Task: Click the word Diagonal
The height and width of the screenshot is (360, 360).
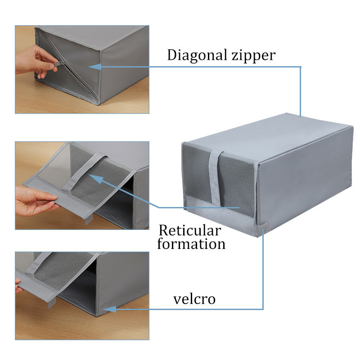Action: pos(197,55)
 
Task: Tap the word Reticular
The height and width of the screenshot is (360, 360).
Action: pos(190,230)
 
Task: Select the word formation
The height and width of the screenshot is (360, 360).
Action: pos(191,244)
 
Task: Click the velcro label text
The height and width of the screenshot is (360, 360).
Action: pos(194,299)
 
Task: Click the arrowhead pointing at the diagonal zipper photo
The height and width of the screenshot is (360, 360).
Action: pos(94,67)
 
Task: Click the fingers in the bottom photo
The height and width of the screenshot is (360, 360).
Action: pos(18,286)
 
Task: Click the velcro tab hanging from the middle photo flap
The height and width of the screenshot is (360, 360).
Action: pos(88,220)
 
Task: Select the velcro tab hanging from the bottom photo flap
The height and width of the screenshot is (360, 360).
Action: pos(52,303)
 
